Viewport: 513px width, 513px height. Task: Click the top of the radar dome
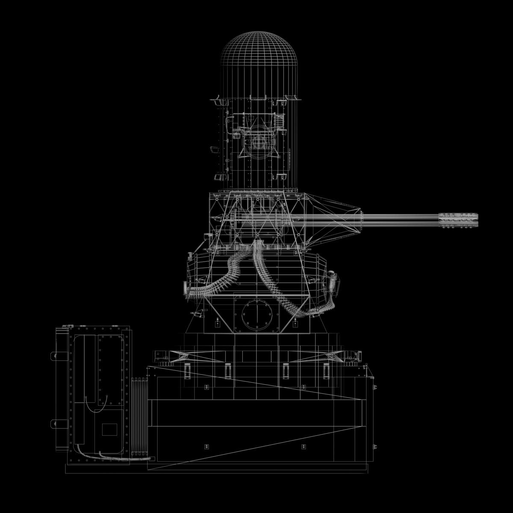pyautogui.click(x=258, y=32)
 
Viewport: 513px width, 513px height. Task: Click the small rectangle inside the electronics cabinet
pyautogui.click(x=109, y=429)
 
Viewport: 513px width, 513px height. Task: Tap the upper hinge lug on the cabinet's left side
pyautogui.click(x=55, y=355)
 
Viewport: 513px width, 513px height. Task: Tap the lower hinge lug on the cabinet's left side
pyautogui.click(x=55, y=424)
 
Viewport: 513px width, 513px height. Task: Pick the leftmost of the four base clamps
pyautogui.click(x=187, y=370)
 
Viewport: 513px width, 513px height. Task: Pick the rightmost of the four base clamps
pyautogui.click(x=326, y=370)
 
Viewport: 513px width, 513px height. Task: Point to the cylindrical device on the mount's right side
pyautogui.click(x=333, y=282)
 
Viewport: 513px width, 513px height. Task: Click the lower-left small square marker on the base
pyautogui.click(x=206, y=447)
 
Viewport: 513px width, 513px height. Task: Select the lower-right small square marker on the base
pyautogui.click(x=304, y=447)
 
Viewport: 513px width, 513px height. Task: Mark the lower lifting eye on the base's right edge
pyautogui.click(x=375, y=447)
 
